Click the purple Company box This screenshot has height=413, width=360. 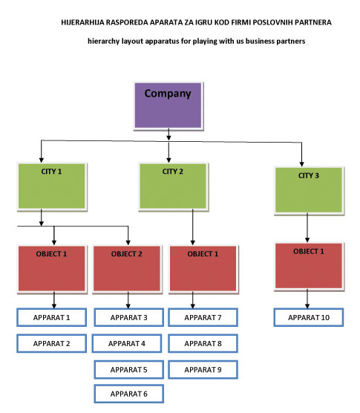click(168, 105)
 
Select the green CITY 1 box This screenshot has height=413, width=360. click(51, 186)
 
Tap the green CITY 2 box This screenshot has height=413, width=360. click(173, 186)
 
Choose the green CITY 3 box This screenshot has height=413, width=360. click(309, 190)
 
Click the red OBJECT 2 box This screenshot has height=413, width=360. click(127, 268)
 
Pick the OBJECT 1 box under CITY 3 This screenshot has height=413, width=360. click(309, 265)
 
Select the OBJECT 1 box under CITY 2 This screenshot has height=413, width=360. click(203, 268)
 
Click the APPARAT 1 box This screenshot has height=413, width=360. click(51, 317)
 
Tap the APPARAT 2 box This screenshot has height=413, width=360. click(51, 343)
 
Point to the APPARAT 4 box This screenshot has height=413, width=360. click(127, 343)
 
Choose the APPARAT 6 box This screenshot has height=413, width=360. click(129, 394)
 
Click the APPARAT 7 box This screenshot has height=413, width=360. click(203, 317)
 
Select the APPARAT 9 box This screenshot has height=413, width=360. click(203, 370)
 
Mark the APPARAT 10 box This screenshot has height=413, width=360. click(309, 317)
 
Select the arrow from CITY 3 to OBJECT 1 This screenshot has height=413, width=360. click(307, 228)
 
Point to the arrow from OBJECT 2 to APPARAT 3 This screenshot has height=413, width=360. click(128, 300)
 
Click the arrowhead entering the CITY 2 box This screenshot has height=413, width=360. click(168, 160)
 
